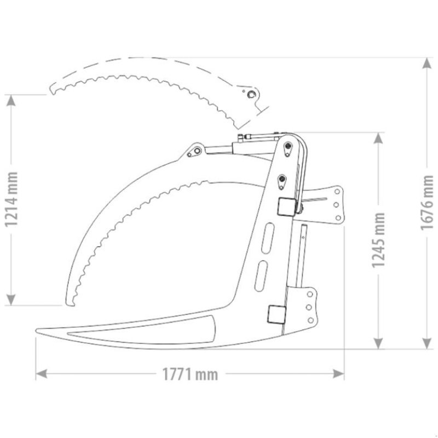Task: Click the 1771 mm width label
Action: [190, 374]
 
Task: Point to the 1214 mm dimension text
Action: [10, 200]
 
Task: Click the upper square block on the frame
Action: [285, 206]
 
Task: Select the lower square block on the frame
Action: [275, 314]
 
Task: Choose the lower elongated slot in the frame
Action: [262, 272]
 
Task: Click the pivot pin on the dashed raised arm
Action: [250, 95]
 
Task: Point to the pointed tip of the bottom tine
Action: [37, 330]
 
